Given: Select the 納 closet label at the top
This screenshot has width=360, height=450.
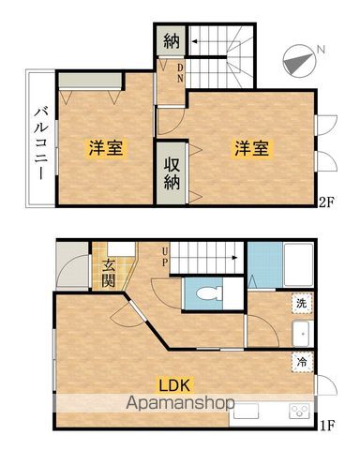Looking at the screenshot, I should [171, 41].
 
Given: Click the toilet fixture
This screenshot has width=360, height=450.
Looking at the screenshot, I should [208, 292].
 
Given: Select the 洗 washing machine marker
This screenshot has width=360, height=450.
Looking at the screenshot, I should [302, 304].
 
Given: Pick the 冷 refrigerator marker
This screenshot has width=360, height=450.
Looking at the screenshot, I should [302, 359].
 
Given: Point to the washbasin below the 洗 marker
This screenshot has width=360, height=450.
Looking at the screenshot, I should [302, 333].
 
